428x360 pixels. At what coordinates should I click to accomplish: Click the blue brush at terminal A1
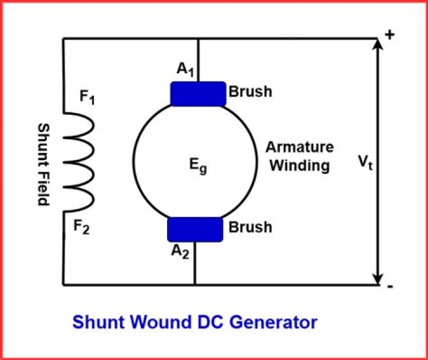click(199, 94)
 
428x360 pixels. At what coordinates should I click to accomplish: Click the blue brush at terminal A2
click(195, 230)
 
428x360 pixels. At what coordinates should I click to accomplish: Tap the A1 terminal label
click(185, 69)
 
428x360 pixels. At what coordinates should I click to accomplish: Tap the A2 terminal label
click(180, 251)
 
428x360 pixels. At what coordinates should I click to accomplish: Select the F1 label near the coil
click(87, 97)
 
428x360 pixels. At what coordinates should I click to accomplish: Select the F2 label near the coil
click(81, 227)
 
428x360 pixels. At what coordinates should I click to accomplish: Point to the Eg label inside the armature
click(198, 166)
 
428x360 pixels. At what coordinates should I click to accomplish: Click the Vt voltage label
click(366, 163)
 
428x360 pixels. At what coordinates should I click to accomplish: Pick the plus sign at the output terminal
click(390, 35)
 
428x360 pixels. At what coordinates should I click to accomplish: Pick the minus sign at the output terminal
click(391, 287)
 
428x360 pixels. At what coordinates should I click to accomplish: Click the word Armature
click(300, 147)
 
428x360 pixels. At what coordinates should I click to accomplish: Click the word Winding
click(300, 165)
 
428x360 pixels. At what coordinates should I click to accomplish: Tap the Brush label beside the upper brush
click(250, 92)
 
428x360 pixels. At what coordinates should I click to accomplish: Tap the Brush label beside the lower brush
click(250, 227)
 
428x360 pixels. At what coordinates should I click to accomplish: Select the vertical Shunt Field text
click(43, 164)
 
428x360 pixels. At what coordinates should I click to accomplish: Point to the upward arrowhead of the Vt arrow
click(378, 44)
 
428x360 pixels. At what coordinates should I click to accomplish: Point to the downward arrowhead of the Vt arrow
click(378, 279)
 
